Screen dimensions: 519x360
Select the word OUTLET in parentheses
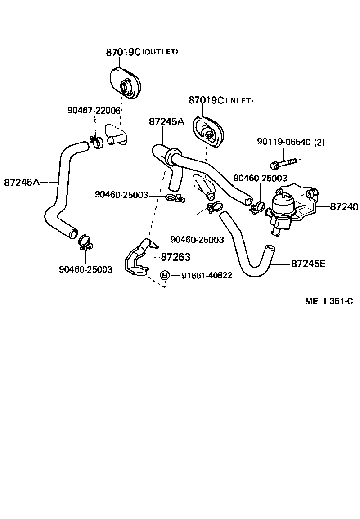[x=160, y=52]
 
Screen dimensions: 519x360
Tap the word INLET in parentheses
[x=239, y=100]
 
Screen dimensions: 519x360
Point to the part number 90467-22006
[x=94, y=110]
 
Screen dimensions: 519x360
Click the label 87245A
[x=166, y=122]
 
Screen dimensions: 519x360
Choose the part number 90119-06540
[x=284, y=142]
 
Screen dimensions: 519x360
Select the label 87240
[x=344, y=207]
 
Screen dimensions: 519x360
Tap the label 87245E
[x=308, y=264]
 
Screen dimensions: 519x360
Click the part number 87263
[x=175, y=257]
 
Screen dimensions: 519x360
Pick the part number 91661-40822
[x=207, y=275]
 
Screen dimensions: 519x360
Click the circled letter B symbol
[x=165, y=275]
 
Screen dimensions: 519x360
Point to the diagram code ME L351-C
[x=328, y=301]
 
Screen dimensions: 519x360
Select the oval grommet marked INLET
[x=208, y=131]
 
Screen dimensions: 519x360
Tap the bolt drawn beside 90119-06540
[x=283, y=161]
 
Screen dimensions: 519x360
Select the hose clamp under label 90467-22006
[x=96, y=142]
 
